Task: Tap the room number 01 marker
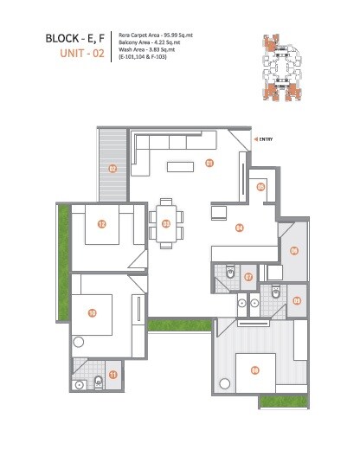click(x=209, y=163)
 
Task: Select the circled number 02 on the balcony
click(x=112, y=169)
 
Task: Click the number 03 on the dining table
click(x=166, y=223)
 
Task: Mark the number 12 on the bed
click(x=102, y=225)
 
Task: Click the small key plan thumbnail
click(x=280, y=65)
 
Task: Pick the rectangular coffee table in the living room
click(x=183, y=165)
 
